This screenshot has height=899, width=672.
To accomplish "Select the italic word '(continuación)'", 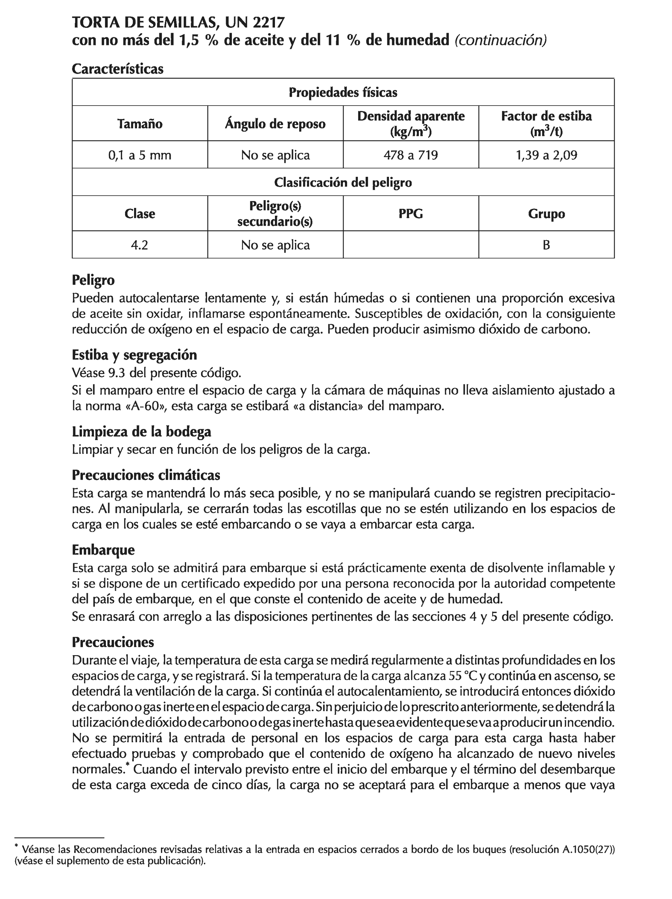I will click(500, 40).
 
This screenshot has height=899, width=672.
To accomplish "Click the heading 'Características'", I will click(118, 69).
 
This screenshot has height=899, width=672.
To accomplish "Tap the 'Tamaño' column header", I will click(140, 124).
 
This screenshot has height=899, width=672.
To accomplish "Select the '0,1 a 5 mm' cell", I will click(140, 155).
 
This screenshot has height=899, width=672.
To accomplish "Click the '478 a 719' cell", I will click(411, 155).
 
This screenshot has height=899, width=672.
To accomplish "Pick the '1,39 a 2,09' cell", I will click(546, 155).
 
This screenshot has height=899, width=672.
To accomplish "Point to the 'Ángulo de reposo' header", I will click(275, 124).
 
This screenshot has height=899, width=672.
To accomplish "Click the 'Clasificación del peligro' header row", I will click(343, 182).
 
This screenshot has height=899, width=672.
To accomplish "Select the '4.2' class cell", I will click(140, 245).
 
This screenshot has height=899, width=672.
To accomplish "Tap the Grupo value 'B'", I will click(546, 245).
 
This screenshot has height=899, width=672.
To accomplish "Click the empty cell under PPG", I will click(411, 245).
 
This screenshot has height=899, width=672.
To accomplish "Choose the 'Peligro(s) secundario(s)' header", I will click(275, 214).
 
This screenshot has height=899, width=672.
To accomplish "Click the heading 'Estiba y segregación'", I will click(134, 355).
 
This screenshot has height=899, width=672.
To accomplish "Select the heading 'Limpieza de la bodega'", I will click(142, 432).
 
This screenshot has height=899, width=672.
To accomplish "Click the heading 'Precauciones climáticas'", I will click(146, 475).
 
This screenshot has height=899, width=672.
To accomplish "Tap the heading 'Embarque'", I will click(103, 550).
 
